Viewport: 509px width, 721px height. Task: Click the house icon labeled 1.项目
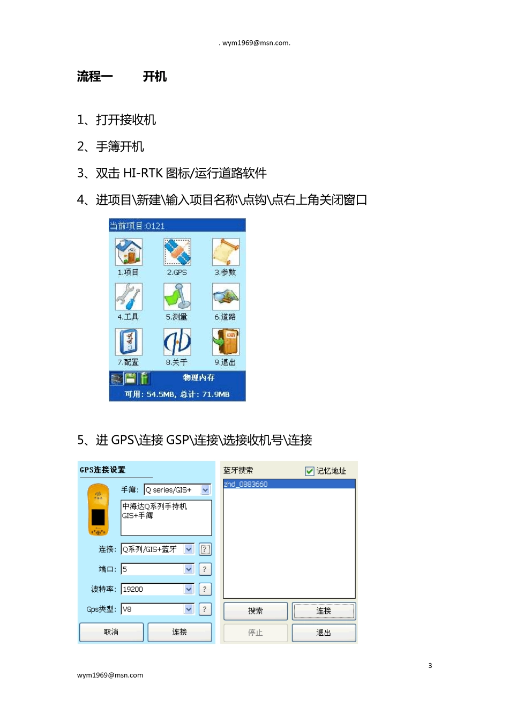point(129,252)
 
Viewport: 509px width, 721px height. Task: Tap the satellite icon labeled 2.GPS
point(177,252)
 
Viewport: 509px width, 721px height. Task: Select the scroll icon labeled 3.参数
point(226,252)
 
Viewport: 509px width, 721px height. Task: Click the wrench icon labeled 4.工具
point(129,296)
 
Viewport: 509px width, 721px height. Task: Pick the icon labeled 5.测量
point(177,296)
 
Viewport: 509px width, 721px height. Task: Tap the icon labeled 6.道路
point(226,296)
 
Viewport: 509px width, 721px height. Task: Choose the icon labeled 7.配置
point(129,341)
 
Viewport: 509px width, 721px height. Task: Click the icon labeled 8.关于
point(177,341)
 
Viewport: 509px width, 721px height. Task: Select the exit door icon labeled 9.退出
point(226,341)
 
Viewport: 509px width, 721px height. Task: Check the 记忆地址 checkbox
point(310,471)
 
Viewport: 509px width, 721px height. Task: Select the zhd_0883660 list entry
point(289,484)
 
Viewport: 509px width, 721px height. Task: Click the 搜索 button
point(256,611)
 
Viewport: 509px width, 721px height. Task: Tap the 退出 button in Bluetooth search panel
point(324,633)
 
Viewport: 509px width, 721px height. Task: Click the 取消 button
point(111,632)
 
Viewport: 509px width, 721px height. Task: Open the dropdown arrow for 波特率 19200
point(189,589)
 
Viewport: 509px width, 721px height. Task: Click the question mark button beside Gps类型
point(205,609)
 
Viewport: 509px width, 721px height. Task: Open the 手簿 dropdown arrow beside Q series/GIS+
point(205,490)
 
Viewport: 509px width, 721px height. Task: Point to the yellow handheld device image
point(98,510)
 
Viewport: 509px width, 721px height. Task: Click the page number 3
point(430,666)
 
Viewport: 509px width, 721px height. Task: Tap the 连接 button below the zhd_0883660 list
point(324,611)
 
